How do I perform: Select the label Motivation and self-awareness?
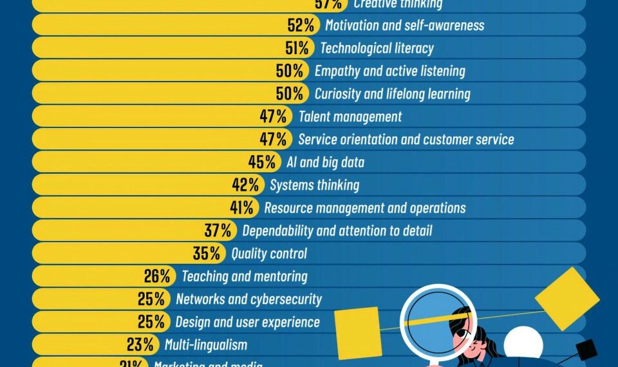pyautogui.click(x=404, y=25)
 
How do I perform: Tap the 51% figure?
pyautogui.click(x=297, y=48)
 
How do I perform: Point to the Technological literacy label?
pyautogui.click(x=377, y=48)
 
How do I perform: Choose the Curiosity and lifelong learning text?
pyautogui.click(x=392, y=94)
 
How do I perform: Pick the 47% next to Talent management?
pyautogui.click(x=274, y=117)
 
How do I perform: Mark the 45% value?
pyautogui.click(x=262, y=162)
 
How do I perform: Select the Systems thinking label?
pyautogui.click(x=314, y=185)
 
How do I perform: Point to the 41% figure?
pyautogui.click(x=244, y=207)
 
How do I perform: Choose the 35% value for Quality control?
pyautogui.click(x=207, y=253)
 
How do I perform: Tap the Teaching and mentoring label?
pyautogui.click(x=244, y=276)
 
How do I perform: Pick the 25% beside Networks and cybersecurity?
pyautogui.click(x=151, y=299)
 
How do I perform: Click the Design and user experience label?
pyautogui.click(x=247, y=321)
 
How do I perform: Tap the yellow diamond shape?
pyautogui.click(x=567, y=290)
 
